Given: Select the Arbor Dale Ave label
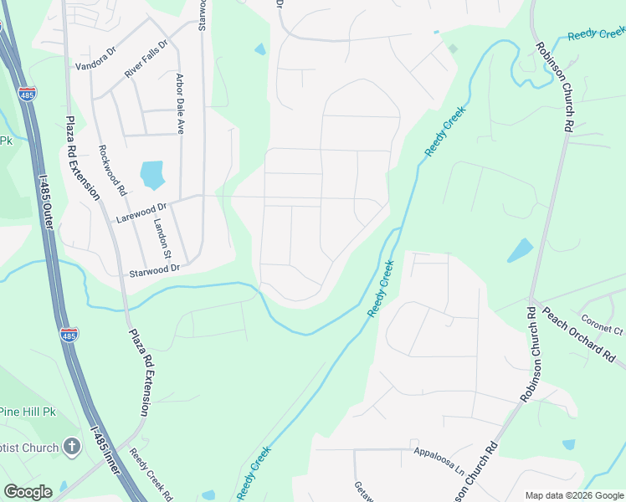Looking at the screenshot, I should point(179,105).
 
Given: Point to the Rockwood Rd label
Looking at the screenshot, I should point(111,171).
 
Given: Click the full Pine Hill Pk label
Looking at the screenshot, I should point(27,412).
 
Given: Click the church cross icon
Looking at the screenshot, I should point(71,447).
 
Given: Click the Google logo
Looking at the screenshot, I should point(28,492).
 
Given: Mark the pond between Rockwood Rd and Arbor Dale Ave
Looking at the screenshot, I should point(152,174).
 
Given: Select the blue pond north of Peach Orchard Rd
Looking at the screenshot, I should point(520,249).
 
